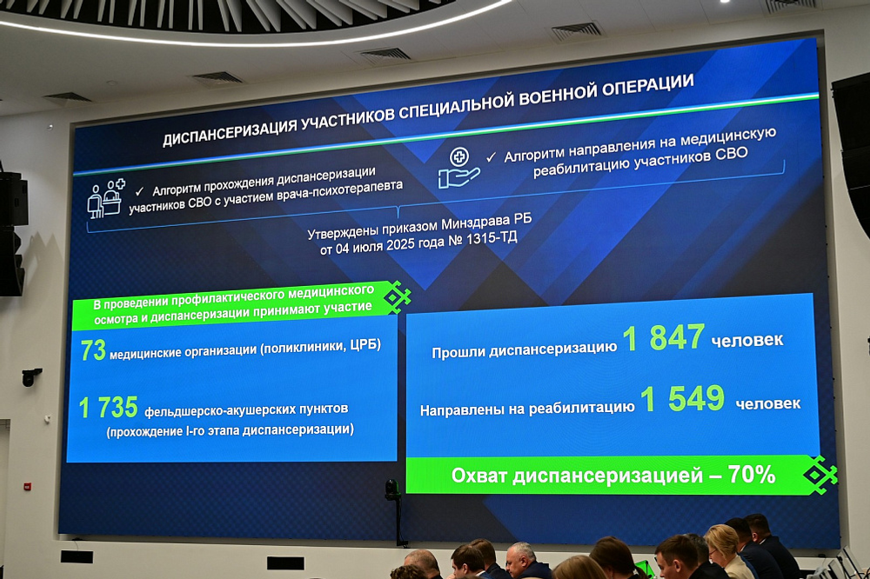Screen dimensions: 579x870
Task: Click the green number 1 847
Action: click(663, 338)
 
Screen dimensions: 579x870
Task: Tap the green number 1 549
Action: click(682, 399)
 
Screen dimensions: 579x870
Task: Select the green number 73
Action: click(93, 350)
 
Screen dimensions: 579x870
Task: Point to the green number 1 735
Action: click(109, 407)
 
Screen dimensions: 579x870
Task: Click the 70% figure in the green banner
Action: click(753, 474)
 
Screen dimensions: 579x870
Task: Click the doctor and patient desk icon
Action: click(105, 198)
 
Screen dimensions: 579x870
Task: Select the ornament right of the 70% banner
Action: click(820, 475)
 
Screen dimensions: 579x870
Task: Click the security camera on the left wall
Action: click(31, 376)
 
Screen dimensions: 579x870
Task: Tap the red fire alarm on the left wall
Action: click(27, 486)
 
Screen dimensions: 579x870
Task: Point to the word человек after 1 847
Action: click(746, 340)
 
